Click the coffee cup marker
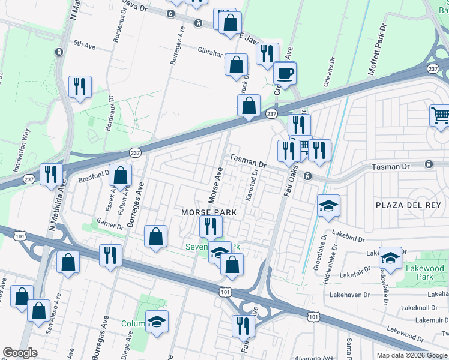click(x=285, y=73)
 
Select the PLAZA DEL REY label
click(x=411, y=205)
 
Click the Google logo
click(x=19, y=353)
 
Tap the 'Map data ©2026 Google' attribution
click(x=412, y=355)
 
